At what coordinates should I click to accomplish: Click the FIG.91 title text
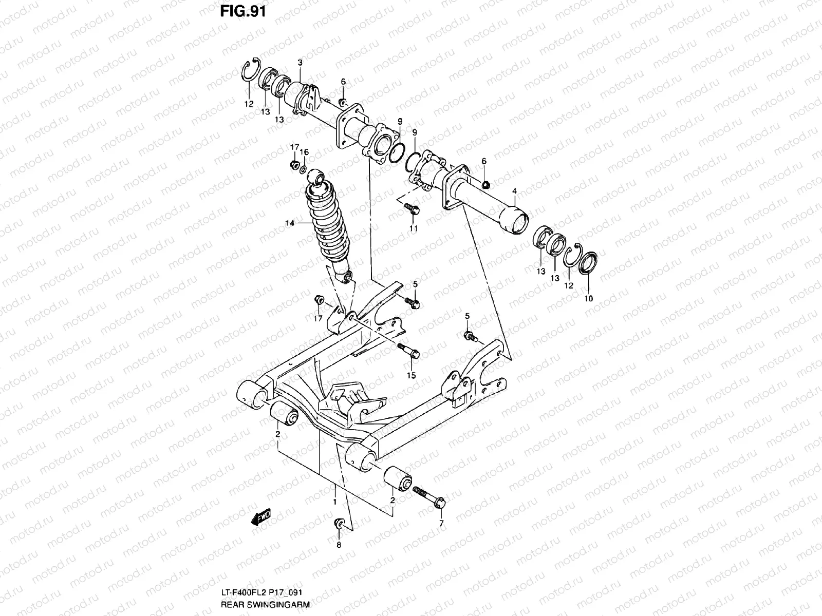click(x=244, y=11)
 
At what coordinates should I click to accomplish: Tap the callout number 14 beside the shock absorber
click(x=290, y=222)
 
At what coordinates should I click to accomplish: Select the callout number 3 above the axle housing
click(x=300, y=63)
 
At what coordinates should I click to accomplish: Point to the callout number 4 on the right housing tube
click(x=514, y=191)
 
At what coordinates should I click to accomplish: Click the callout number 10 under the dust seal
click(x=589, y=298)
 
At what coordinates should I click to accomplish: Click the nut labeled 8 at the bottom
click(x=339, y=523)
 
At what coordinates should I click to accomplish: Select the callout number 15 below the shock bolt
click(x=411, y=375)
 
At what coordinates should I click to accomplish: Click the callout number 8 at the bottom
click(x=339, y=545)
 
